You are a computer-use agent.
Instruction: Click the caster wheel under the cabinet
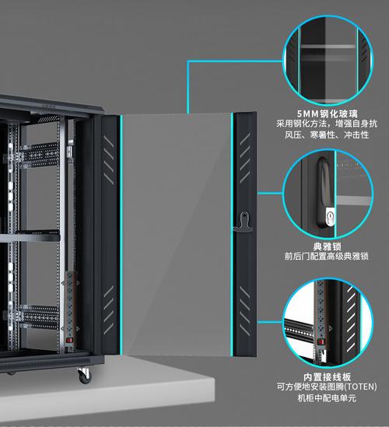tap(85, 376)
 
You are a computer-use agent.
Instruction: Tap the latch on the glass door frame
tap(244, 222)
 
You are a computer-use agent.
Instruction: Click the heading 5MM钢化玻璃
tap(328, 114)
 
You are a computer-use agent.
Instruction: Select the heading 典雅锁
tap(327, 247)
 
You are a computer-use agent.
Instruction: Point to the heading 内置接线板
tap(328, 377)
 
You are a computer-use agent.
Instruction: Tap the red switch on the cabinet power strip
tap(70, 340)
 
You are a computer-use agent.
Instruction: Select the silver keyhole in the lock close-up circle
tap(330, 216)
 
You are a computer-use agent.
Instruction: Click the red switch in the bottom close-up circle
tap(321, 341)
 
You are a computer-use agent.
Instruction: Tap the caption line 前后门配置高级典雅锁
tap(327, 256)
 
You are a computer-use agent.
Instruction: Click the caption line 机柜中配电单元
tap(327, 398)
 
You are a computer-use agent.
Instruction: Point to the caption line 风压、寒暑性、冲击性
tap(327, 135)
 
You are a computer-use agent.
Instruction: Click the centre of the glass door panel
tap(177, 235)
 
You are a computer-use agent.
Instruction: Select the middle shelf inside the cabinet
tap(30, 236)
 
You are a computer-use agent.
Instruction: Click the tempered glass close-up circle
tap(328, 60)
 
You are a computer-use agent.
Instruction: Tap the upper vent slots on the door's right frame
tap(245, 158)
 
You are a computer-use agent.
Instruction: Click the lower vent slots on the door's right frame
tap(244, 310)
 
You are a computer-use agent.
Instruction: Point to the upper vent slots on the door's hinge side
tap(109, 160)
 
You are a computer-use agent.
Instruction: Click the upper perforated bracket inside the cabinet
tap(40, 155)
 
